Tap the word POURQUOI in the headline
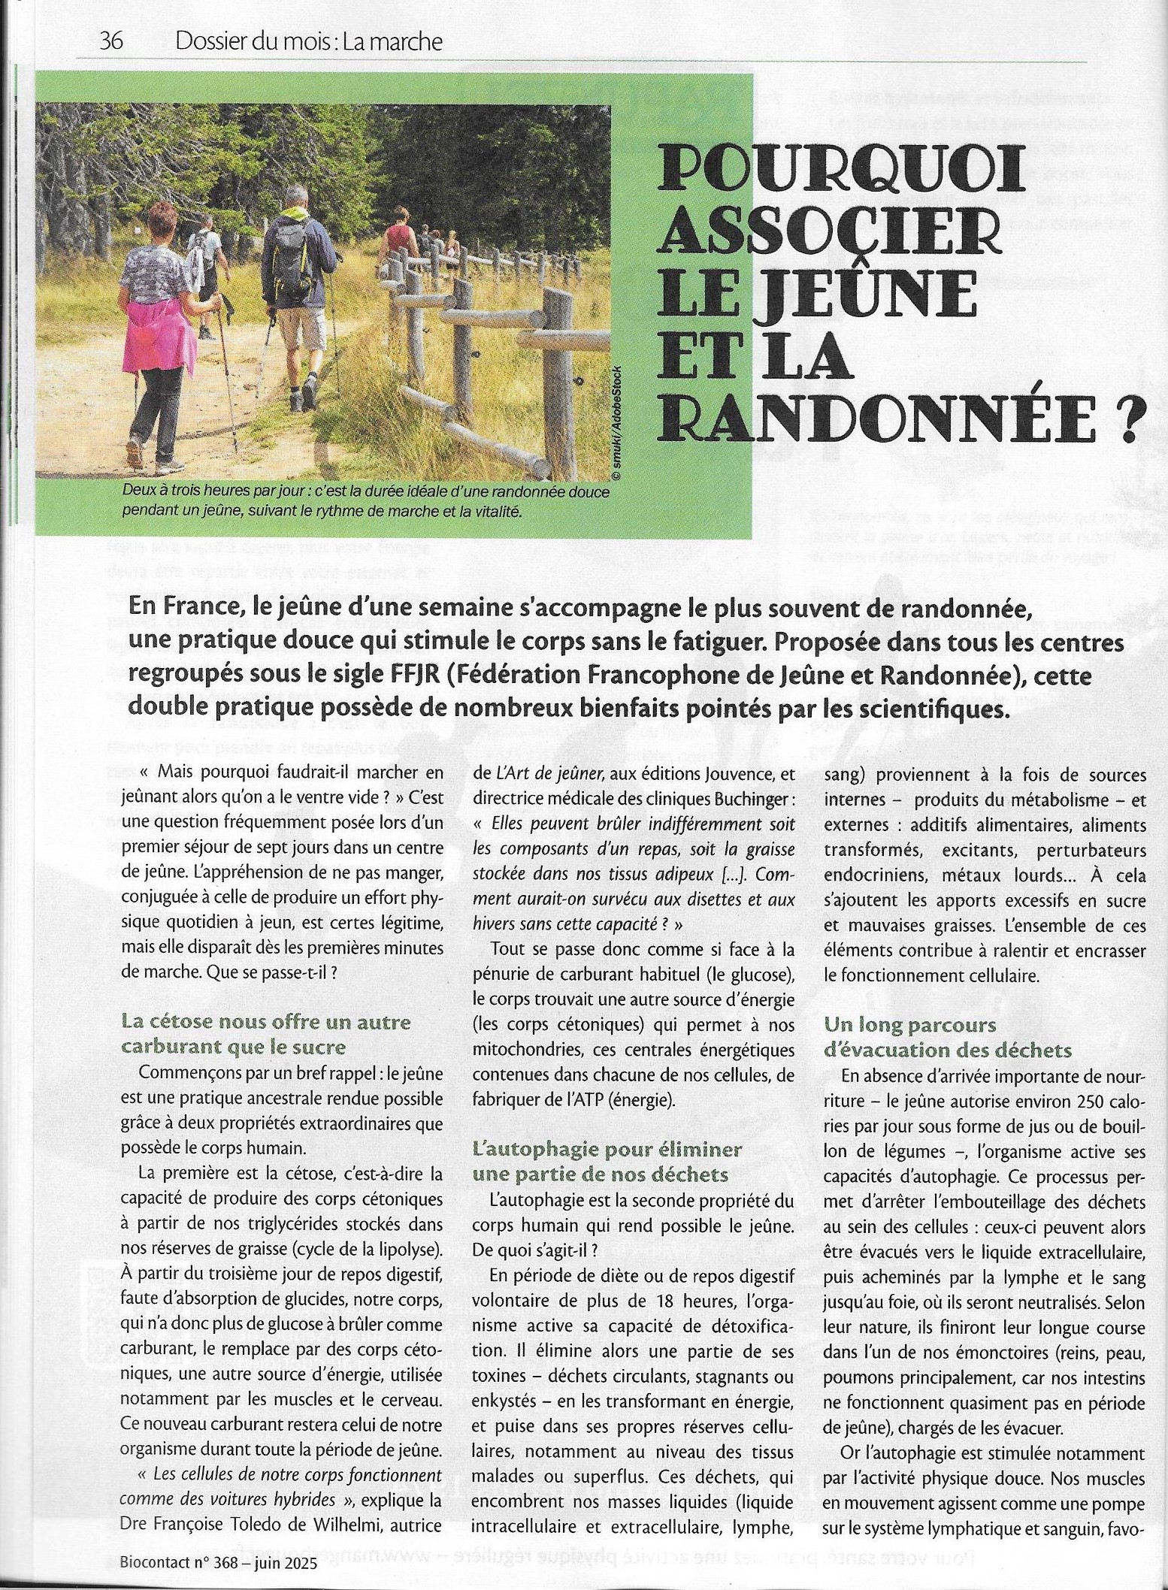[x=843, y=173]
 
